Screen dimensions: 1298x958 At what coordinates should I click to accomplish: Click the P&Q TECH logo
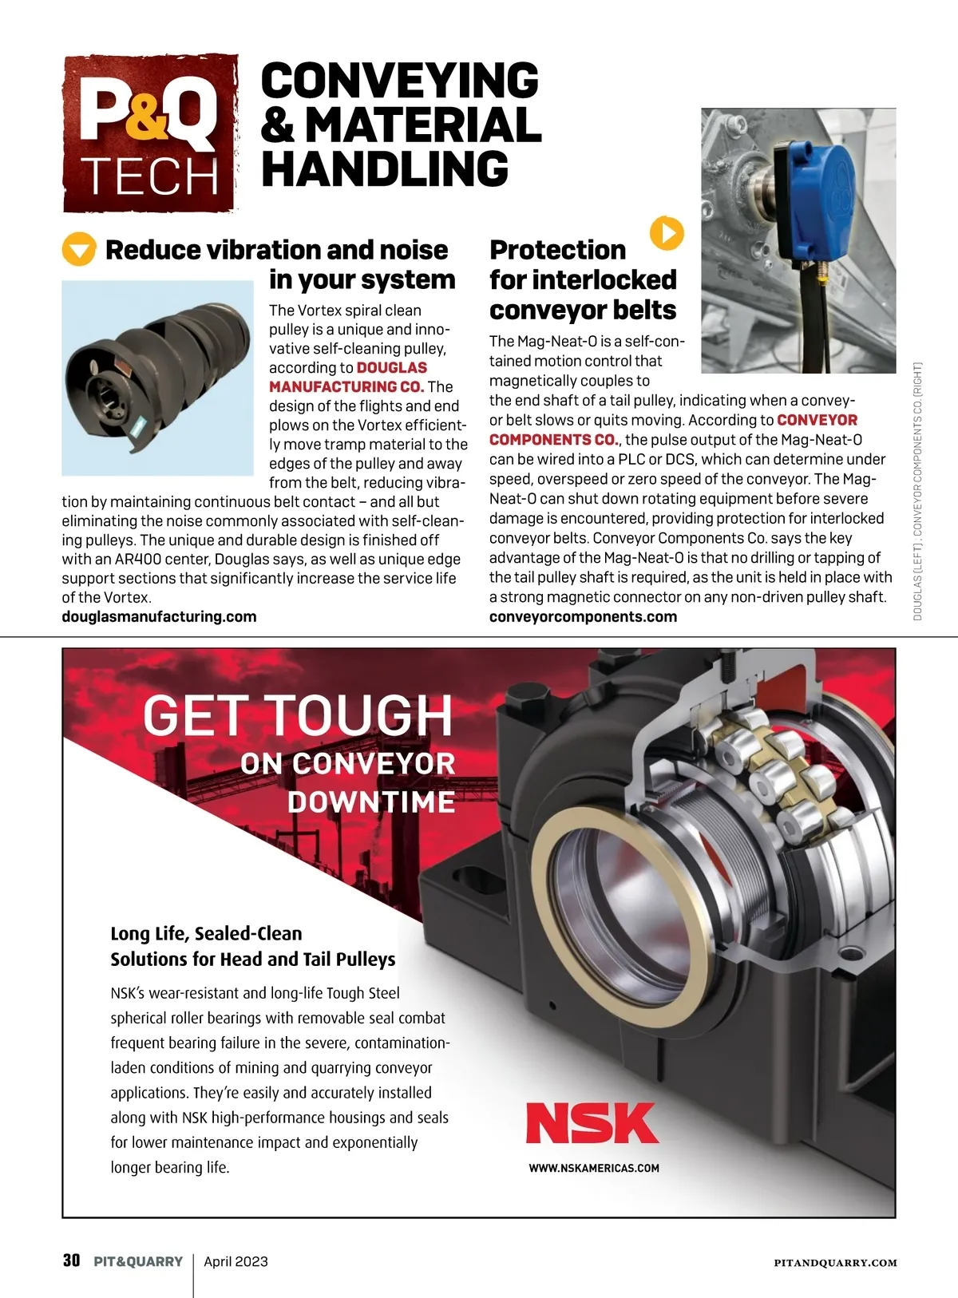[150, 133]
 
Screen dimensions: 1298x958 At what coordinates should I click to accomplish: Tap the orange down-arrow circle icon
[78, 250]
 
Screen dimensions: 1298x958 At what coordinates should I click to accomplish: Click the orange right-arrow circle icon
[667, 232]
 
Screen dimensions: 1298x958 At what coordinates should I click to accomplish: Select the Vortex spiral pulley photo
[157, 378]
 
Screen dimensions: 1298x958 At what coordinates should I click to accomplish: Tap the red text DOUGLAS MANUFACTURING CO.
[348, 377]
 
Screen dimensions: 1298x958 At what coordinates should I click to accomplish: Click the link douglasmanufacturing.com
[159, 616]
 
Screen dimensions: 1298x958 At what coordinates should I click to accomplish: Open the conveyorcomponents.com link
[583, 616]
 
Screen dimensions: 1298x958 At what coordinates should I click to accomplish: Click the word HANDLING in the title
[385, 169]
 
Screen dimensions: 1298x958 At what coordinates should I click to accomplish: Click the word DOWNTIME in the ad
[371, 801]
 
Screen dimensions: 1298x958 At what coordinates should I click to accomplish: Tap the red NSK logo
[592, 1123]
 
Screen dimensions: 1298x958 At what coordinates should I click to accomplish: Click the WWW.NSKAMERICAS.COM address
[594, 1168]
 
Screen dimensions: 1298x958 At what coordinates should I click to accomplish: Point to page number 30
[72, 1260]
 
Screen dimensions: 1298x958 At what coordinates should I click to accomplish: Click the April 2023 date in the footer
[236, 1261]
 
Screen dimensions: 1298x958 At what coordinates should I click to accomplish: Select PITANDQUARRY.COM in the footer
[835, 1263]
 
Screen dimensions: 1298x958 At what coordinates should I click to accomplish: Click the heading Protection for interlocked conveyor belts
[583, 279]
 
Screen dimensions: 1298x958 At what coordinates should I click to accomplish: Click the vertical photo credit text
[918, 491]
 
